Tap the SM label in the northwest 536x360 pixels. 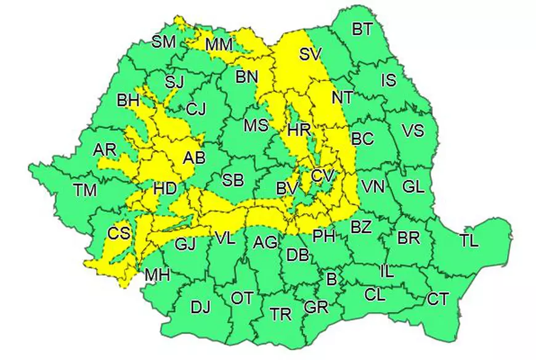click(x=164, y=42)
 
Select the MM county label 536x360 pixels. click(x=219, y=44)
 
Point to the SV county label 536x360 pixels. click(x=311, y=54)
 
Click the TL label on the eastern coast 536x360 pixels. click(x=469, y=241)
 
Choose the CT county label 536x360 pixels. click(x=437, y=300)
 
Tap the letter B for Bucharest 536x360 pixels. click(x=331, y=279)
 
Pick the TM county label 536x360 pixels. click(x=84, y=190)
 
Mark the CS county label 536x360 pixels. click(x=118, y=234)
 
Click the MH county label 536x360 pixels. click(x=157, y=275)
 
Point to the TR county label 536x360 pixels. click(x=281, y=314)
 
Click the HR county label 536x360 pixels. click(x=299, y=131)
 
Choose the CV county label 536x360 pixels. click(x=322, y=176)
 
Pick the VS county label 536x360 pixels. click(x=413, y=131)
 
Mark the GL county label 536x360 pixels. click(x=413, y=186)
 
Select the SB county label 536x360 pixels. click(x=233, y=181)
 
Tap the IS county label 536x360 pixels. click(x=389, y=80)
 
